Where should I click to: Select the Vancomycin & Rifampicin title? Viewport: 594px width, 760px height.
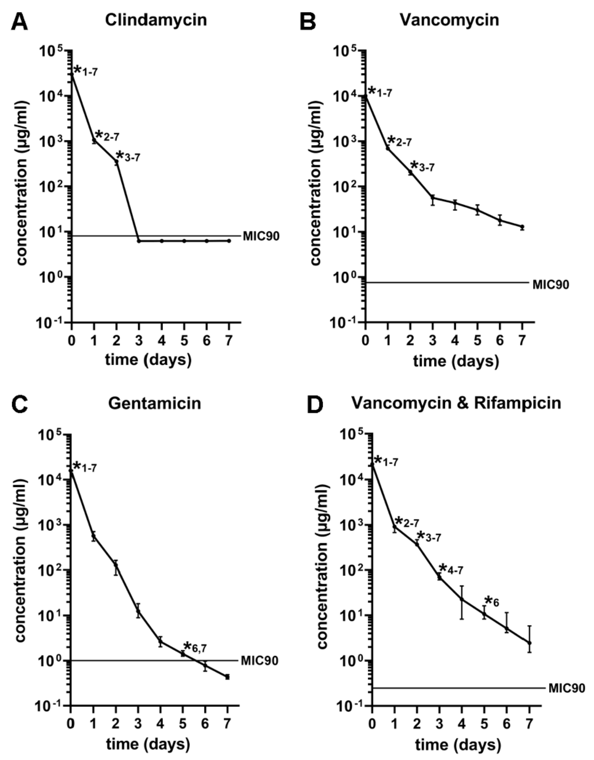(456, 403)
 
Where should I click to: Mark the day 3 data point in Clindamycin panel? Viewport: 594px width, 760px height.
(139, 241)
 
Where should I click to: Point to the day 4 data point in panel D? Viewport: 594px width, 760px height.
(462, 599)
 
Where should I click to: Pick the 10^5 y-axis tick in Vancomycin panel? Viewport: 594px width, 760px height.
(346, 51)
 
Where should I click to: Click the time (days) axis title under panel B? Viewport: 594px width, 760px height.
(456, 361)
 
